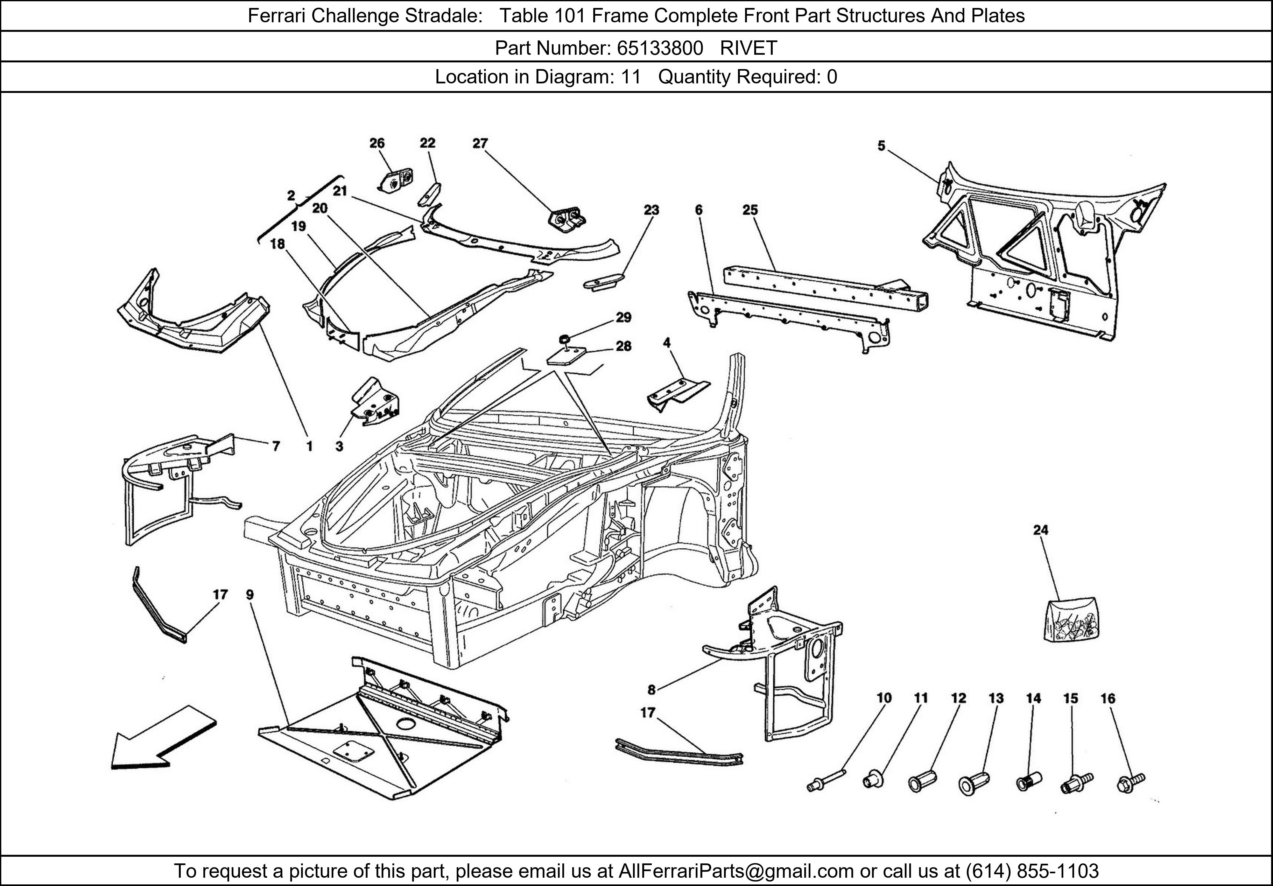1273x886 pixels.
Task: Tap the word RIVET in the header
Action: pyautogui.click(x=749, y=48)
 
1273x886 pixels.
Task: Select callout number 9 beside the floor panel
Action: pyautogui.click(x=250, y=595)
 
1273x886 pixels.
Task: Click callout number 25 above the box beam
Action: pyautogui.click(x=750, y=210)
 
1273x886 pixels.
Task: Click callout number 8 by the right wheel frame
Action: pyautogui.click(x=651, y=690)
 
